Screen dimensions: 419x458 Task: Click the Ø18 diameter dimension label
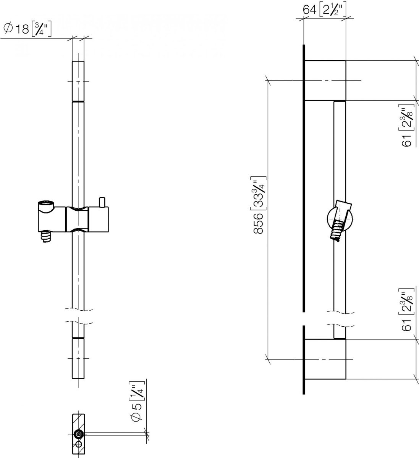(x=28, y=29)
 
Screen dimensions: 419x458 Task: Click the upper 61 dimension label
(x=407, y=125)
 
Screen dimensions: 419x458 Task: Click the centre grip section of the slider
(x=77, y=219)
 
